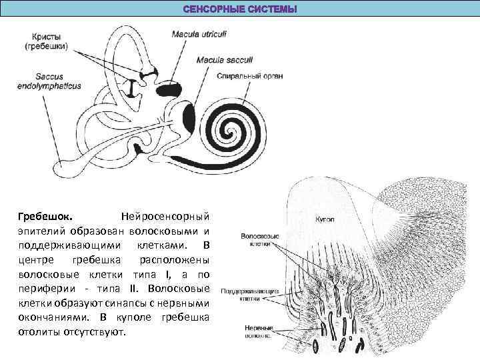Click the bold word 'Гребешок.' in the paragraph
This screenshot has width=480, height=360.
(46, 217)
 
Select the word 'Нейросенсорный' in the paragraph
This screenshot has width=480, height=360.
(165, 217)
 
